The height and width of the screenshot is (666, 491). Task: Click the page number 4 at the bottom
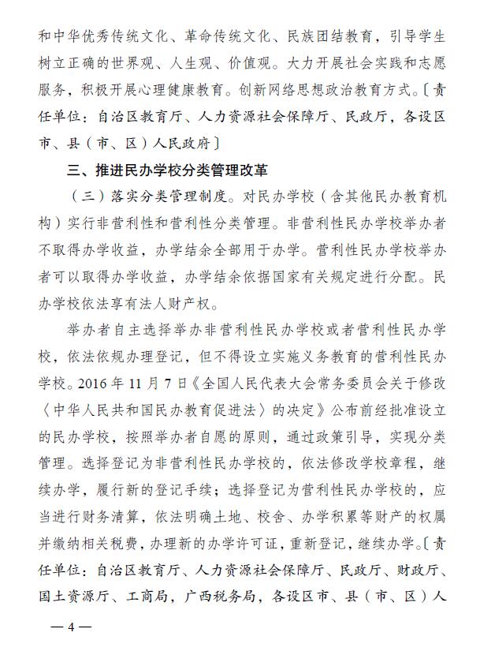69,627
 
